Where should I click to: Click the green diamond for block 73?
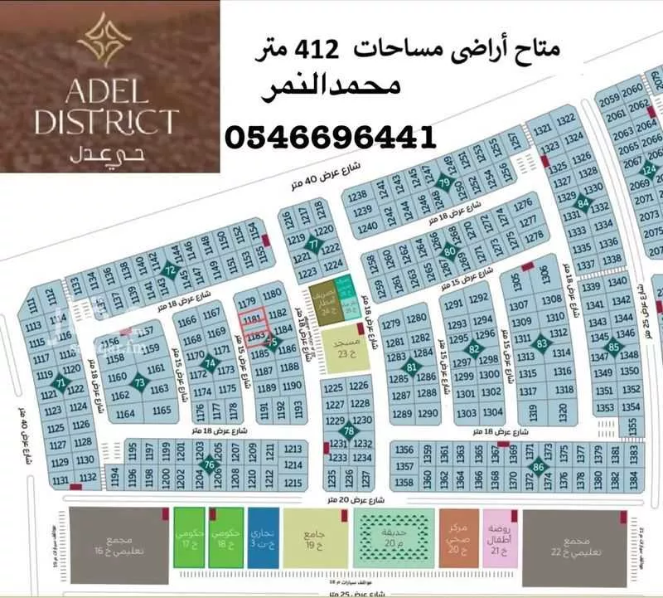(140, 383)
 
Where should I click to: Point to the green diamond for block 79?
(445, 184)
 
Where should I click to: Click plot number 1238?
(358, 197)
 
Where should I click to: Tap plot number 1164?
(127, 413)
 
